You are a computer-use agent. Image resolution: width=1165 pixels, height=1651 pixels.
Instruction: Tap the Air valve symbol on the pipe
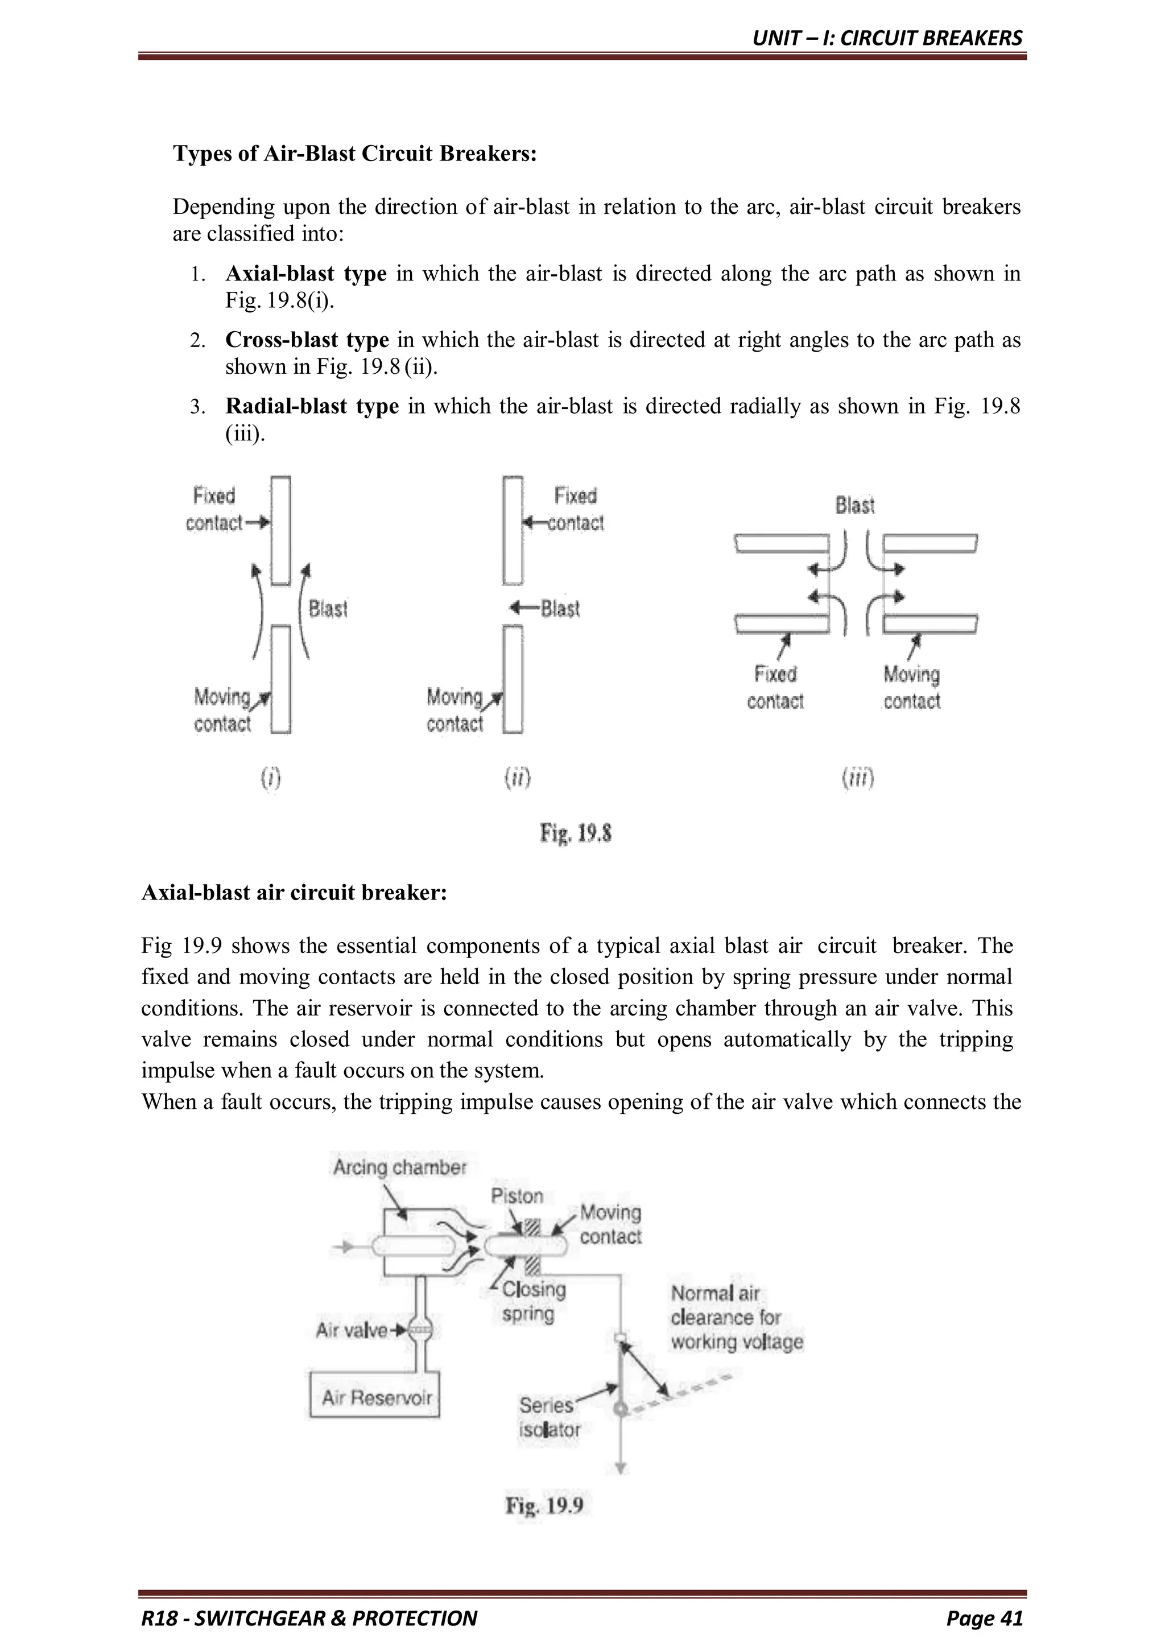420,1330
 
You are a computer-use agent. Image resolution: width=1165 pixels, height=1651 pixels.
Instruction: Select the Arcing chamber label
399,1167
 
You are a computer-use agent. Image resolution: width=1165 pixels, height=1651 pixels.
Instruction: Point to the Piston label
517,1196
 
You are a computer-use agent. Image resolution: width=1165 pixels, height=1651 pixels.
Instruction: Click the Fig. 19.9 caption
544,1505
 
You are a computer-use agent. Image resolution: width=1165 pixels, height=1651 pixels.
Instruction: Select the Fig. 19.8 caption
575,833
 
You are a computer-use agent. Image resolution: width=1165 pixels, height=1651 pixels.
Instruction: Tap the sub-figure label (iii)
858,778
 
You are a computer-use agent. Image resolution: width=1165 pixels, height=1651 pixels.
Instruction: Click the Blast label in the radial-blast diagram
854,506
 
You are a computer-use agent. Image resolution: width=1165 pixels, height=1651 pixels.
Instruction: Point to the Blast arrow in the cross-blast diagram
523,608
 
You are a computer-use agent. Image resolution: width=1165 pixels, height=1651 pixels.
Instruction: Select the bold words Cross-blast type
307,340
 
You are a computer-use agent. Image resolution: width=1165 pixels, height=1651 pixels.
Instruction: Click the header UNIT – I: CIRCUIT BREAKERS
887,38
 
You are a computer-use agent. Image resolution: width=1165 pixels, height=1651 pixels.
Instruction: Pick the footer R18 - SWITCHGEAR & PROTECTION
309,1619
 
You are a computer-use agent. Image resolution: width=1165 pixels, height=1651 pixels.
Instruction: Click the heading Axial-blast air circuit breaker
294,893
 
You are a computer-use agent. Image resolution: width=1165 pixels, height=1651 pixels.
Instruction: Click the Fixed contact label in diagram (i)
213,509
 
